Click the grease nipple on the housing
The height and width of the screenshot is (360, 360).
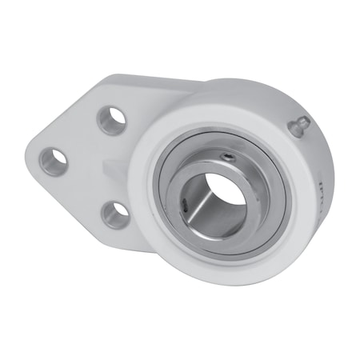coord(299,126)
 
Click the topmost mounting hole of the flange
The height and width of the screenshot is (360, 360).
coord(111,119)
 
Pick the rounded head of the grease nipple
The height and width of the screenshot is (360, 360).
coord(302,121)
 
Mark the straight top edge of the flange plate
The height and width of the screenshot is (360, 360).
coord(144,78)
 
